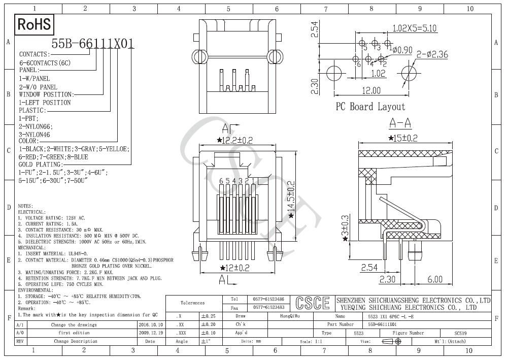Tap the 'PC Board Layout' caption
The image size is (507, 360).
pyautogui.click(x=370, y=107)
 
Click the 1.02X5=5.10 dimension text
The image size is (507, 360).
pyautogui.click(x=415, y=28)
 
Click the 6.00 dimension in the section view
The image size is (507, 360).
pyautogui.click(x=434, y=279)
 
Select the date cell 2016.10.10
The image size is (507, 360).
pyautogui.click(x=150, y=324)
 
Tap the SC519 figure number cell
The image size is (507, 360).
pyautogui.click(x=461, y=333)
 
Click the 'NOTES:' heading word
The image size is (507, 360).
pyautogui.click(x=25, y=206)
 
